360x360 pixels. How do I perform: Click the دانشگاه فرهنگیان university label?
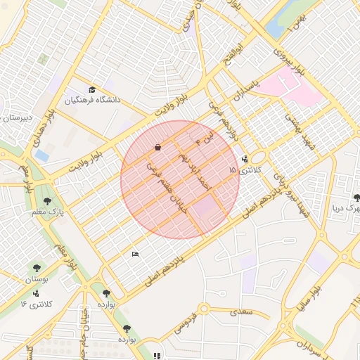click(x=94, y=101)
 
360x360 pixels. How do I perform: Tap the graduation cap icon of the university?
click(x=92, y=89)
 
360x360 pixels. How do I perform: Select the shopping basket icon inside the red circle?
click(x=157, y=148)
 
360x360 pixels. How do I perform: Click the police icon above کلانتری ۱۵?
click(x=244, y=159)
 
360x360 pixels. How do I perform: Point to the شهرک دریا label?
click(x=347, y=209)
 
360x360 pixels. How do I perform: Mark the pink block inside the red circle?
click(x=206, y=207)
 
